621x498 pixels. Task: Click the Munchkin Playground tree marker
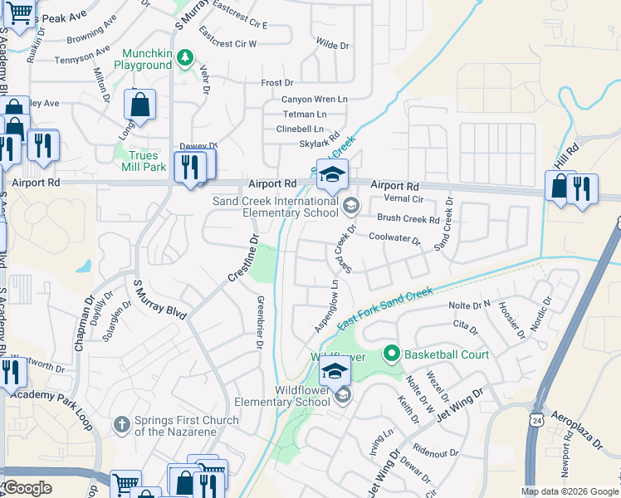tap(186, 56)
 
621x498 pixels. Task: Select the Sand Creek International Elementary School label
tap(275, 207)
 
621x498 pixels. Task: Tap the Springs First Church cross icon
tap(121, 424)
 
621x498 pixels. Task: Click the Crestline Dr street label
tap(241, 260)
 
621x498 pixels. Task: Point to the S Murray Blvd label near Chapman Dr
tap(160, 300)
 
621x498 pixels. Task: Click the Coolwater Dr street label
tap(394, 238)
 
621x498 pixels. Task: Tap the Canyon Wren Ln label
tap(314, 100)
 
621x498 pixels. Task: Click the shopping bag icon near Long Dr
tap(139, 105)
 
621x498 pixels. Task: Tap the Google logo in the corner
tap(27, 488)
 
